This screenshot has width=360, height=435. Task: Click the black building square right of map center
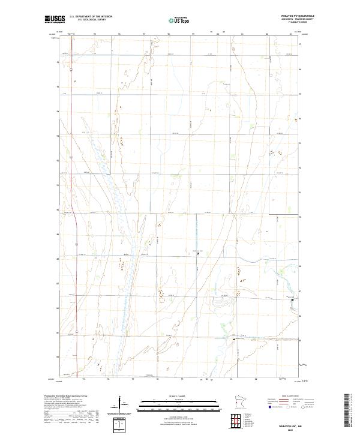pyautogui.click(x=199, y=253)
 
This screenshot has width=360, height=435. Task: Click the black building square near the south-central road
pyautogui.click(x=234, y=340)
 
